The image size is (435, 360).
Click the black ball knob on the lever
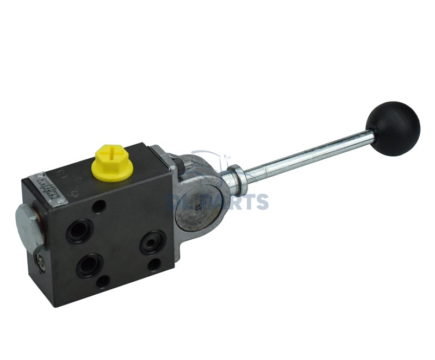coord(393,128)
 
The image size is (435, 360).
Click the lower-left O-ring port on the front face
coord(88,265)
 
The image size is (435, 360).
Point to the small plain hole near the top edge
coord(98,206)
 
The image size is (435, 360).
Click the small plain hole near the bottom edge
coord(103,281)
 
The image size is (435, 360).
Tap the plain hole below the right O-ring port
coord(154,265)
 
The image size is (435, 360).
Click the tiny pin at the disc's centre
coord(200,206)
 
